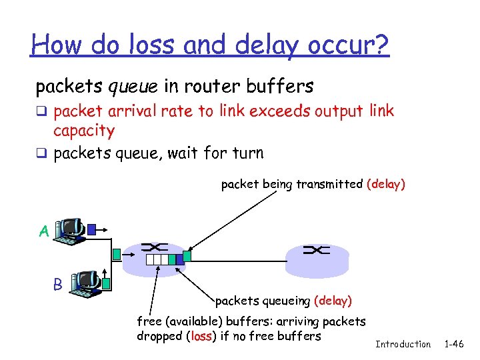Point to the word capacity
point(84,130)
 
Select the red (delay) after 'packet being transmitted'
point(385,184)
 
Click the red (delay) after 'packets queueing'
point(332,301)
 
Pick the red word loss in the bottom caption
point(201,336)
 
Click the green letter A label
point(43,231)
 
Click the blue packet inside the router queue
point(172,259)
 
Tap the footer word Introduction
point(403,344)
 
